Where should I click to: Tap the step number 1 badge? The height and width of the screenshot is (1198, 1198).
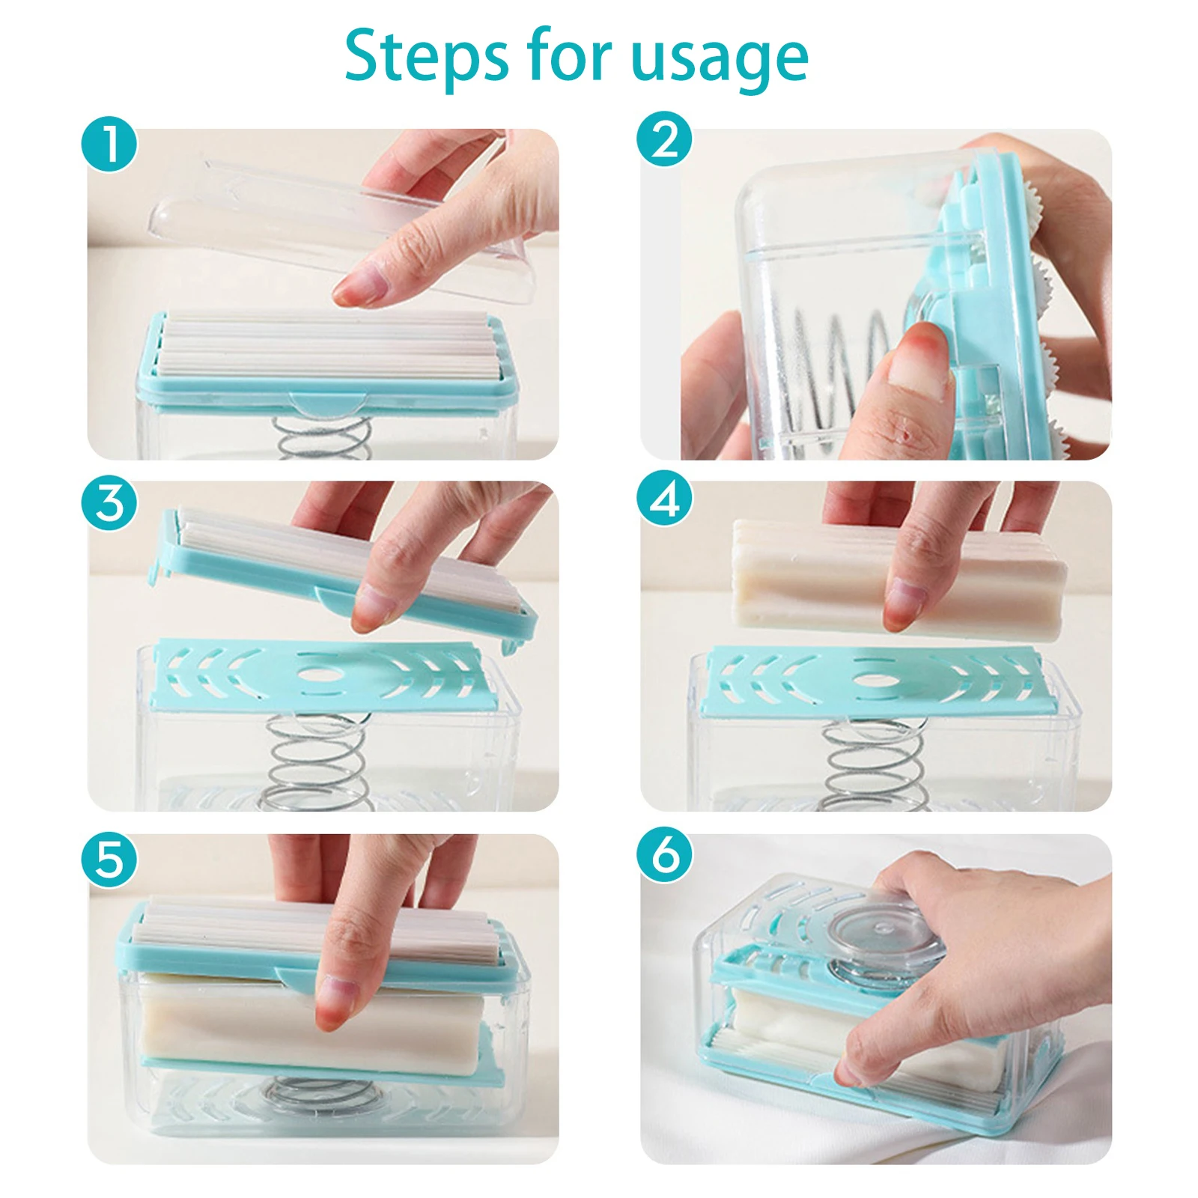tap(109, 144)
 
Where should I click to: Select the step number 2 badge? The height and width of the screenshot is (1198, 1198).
tap(665, 139)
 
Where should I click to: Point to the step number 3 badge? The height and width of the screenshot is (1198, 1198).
tap(109, 502)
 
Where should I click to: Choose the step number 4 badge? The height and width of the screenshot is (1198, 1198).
tap(665, 498)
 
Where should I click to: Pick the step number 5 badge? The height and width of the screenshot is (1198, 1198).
tap(109, 859)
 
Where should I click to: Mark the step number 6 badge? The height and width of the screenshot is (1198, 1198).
tap(665, 854)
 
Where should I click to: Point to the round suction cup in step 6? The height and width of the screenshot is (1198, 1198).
tap(884, 928)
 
